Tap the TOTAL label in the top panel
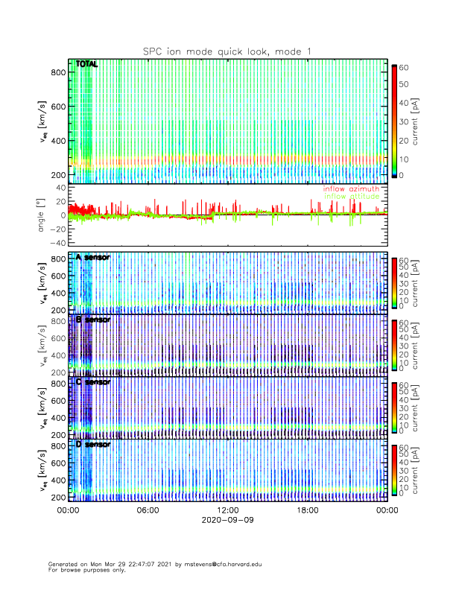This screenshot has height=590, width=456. (x=87, y=65)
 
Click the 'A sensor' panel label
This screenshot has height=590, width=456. (x=93, y=257)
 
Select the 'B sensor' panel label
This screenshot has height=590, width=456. (x=93, y=320)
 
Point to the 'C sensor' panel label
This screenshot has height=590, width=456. (x=93, y=382)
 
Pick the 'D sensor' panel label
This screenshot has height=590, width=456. (x=93, y=444)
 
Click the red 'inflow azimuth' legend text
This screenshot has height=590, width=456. (x=351, y=188)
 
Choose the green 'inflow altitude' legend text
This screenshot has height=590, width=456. (x=351, y=196)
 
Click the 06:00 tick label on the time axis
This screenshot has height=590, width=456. (x=148, y=511)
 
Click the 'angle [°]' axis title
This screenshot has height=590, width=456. (x=42, y=216)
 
